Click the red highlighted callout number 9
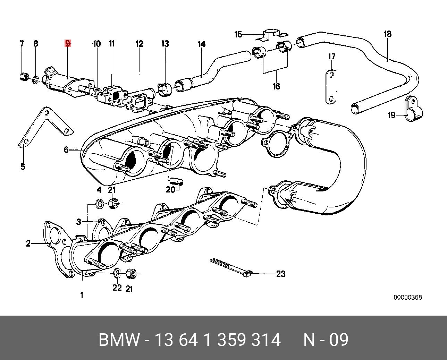click(x=68, y=44)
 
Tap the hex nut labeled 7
click(x=23, y=77)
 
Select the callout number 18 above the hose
click(x=388, y=34)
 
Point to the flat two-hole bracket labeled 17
click(x=331, y=87)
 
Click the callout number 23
click(x=281, y=274)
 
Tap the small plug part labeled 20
click(x=176, y=181)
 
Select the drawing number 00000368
click(x=407, y=298)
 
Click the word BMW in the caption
click(x=119, y=340)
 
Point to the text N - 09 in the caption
click(x=326, y=340)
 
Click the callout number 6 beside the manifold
click(x=66, y=149)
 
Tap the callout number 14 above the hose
click(x=201, y=44)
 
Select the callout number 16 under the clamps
click(x=277, y=86)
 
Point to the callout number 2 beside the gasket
click(x=28, y=243)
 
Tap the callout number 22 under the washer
click(x=117, y=288)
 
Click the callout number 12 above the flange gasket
click(x=140, y=44)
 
